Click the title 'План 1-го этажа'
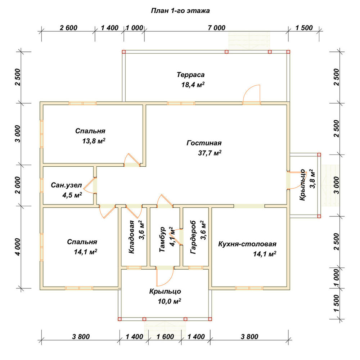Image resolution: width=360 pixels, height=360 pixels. [180, 11]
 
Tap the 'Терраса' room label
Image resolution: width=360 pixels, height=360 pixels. [190, 75]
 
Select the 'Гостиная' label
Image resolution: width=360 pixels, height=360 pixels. [204, 143]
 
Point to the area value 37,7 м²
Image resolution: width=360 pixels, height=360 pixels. [210, 153]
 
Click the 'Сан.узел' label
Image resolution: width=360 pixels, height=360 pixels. [66, 185]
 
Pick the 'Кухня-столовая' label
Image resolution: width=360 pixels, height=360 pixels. [247, 244]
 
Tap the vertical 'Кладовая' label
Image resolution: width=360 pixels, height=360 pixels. [131, 237]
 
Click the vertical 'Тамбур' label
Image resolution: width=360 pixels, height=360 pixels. [162, 239]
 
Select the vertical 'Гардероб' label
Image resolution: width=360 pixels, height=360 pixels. [193, 237]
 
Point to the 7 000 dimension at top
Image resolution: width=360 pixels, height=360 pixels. [216, 28]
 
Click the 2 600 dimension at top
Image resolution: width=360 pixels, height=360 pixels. [68, 28]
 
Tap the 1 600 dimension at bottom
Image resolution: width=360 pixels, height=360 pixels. [165, 337]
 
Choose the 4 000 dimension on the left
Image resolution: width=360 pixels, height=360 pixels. [18, 247]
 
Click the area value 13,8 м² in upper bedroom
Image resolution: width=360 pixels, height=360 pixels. [94, 141]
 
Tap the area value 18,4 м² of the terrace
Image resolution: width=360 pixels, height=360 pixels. [193, 85]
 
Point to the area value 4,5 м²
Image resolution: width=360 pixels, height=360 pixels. [72, 195]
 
